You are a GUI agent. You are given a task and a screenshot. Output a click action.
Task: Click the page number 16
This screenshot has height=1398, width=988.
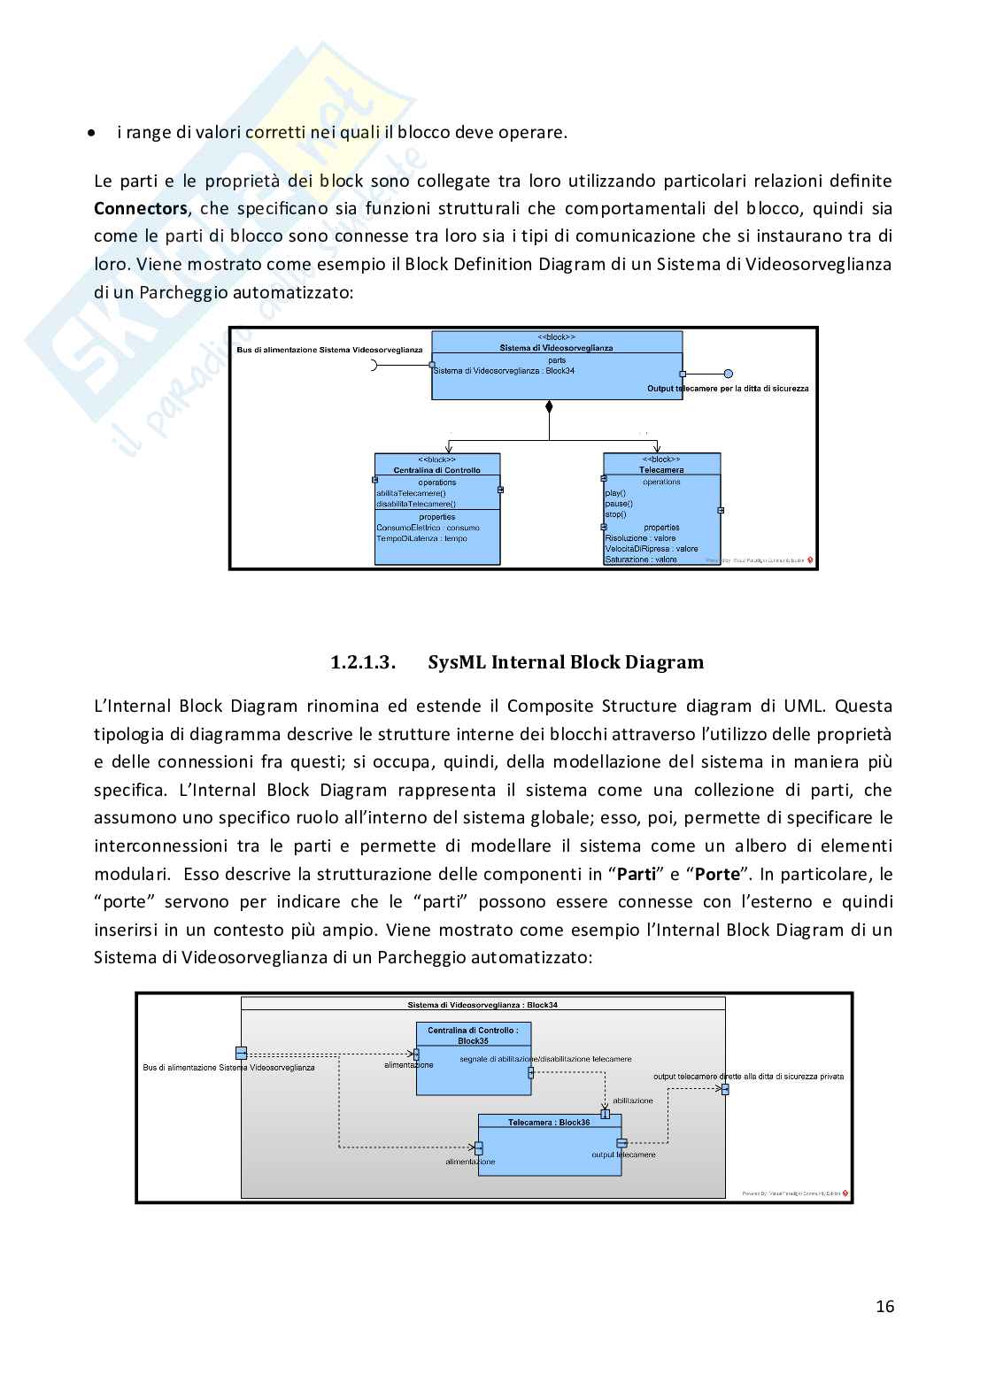(884, 1307)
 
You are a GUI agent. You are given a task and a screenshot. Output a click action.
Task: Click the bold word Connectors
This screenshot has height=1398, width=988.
(140, 209)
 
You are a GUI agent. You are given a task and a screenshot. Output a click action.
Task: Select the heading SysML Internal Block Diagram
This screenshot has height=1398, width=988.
(566, 662)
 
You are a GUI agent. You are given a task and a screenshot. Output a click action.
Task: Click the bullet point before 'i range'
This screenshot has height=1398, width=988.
(91, 133)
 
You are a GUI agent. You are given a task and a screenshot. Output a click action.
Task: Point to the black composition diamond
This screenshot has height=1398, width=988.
(549, 407)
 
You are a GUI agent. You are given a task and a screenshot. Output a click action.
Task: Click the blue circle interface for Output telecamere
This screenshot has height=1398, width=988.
(728, 374)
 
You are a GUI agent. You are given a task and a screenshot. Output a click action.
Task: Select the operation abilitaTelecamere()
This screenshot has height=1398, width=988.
(411, 493)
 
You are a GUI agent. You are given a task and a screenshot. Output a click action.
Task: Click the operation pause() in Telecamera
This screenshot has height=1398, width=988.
(618, 504)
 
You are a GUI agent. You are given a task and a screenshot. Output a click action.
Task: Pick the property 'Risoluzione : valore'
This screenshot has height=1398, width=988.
(640, 538)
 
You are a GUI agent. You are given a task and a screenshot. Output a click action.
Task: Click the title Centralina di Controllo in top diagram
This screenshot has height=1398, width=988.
(436, 470)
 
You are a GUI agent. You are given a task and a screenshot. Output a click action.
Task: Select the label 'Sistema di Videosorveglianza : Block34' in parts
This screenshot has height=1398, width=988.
(504, 371)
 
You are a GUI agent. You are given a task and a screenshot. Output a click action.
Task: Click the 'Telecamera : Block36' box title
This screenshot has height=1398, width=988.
(549, 1123)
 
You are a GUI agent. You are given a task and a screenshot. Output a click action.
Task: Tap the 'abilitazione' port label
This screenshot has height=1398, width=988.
(632, 1101)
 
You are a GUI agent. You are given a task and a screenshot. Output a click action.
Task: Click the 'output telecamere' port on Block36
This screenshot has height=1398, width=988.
(621, 1143)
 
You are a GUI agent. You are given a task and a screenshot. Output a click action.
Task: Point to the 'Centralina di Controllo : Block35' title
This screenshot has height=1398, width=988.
(473, 1035)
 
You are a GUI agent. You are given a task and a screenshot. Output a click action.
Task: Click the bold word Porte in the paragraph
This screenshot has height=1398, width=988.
(716, 875)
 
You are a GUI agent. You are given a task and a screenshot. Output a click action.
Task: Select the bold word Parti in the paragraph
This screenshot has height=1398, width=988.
(636, 875)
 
